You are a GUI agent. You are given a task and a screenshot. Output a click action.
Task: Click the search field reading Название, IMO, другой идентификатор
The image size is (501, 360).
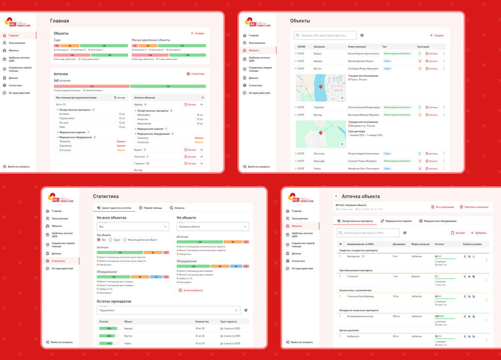pyautogui.click(x=325, y=36)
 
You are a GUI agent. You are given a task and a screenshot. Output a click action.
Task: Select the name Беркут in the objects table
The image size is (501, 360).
pyautogui.click(x=317, y=54)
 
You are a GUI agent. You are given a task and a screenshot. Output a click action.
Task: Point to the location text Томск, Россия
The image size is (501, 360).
pyautogui.click(x=359, y=79)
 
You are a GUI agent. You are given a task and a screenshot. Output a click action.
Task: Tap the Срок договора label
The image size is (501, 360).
pyautogui.click(x=357, y=131)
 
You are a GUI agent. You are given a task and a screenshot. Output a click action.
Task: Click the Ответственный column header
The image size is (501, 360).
pyautogui.click(x=357, y=47)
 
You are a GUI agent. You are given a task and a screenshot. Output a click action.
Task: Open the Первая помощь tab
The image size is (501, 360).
pyautogui.click(x=151, y=208)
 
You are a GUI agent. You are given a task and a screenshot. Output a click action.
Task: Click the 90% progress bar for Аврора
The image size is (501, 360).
pyautogui.click(x=108, y=329)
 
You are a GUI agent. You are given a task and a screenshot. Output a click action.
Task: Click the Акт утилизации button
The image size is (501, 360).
pyautogui.click(x=442, y=207)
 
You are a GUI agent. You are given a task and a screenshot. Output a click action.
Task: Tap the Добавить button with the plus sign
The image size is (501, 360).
pyautogui.click(x=479, y=233)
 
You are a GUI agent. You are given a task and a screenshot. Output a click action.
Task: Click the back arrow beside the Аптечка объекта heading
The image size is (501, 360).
pyautogui.click(x=336, y=196)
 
